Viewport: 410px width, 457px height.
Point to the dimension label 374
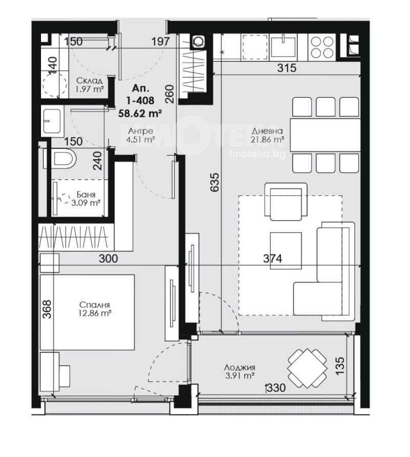tap(273, 259)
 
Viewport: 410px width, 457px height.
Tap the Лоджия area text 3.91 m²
tap(240, 376)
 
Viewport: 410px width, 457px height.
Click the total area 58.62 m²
tap(141, 113)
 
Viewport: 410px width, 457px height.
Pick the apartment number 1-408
tap(141, 101)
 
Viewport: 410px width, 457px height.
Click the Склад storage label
tap(89, 80)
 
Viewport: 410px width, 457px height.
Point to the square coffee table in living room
tap(286, 247)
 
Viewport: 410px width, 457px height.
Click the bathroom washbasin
tap(51, 121)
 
